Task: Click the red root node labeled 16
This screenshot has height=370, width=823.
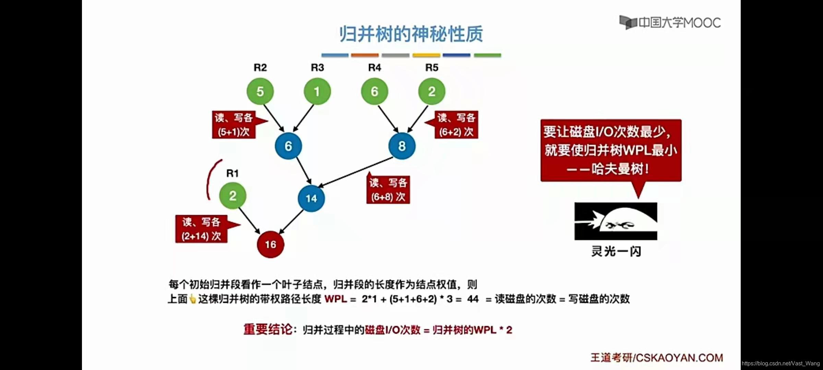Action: (271, 244)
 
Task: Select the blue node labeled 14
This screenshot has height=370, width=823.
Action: (311, 198)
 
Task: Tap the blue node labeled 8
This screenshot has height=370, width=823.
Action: (402, 146)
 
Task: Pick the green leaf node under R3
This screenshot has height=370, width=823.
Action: (317, 91)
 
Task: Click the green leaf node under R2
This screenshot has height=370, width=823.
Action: (260, 91)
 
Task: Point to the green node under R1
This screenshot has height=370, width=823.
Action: (232, 196)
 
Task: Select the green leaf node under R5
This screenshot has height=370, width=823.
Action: (432, 91)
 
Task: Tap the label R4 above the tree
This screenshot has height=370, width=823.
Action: (374, 67)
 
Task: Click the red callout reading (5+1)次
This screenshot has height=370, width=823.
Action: (234, 125)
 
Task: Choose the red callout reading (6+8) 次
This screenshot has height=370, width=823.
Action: (388, 190)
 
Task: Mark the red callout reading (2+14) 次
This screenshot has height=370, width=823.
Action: (201, 229)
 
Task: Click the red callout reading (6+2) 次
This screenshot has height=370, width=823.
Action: (456, 125)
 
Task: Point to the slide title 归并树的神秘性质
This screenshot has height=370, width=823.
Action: (411, 34)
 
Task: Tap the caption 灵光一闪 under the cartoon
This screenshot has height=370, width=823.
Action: (616, 251)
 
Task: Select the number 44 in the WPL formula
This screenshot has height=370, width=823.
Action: (473, 299)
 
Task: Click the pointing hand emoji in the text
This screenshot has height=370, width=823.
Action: (193, 299)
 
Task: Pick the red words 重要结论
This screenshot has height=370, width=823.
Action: (268, 329)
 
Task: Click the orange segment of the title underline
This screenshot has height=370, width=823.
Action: (365, 55)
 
